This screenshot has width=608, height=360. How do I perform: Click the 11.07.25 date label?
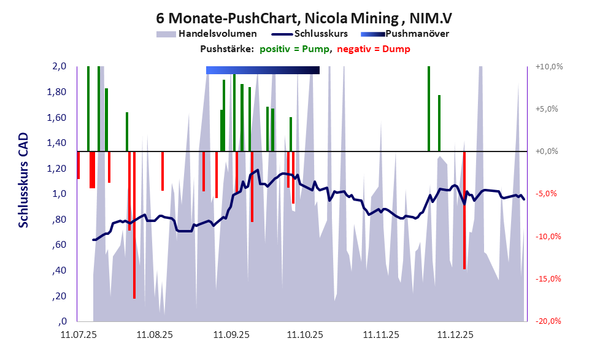pos(78,335)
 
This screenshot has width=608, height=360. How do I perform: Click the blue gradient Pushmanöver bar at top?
pos(263,71)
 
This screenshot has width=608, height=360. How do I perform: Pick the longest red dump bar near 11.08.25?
pos(134,245)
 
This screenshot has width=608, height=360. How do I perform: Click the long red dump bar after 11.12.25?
pos(464,221)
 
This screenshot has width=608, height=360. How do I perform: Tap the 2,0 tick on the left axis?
pos(60,66)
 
